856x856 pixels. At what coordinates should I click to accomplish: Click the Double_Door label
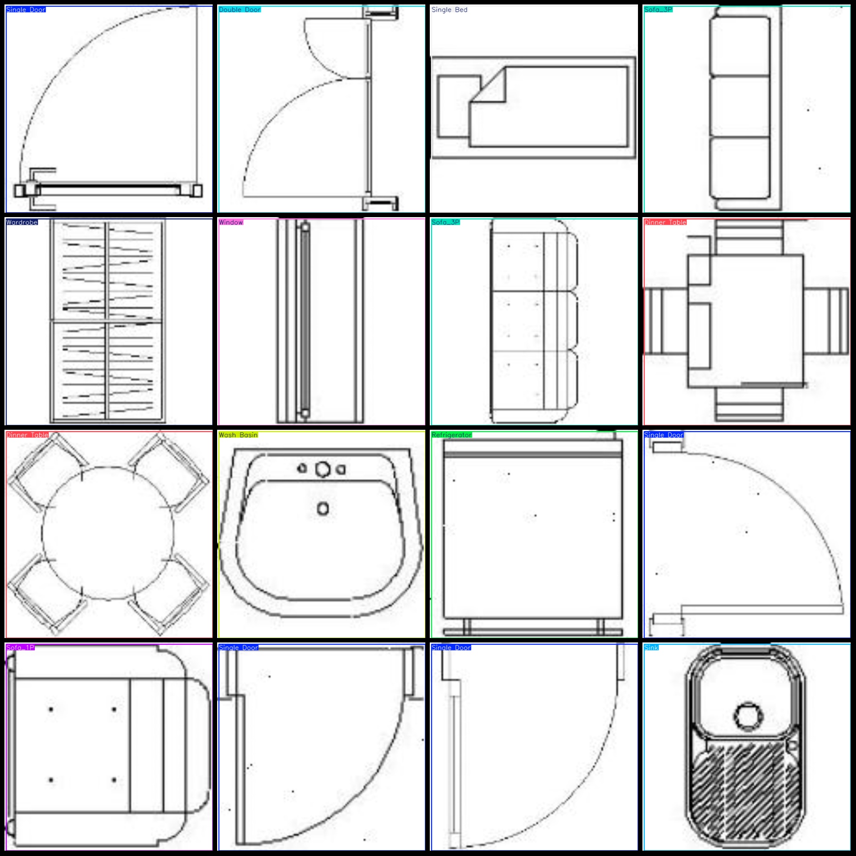point(240,10)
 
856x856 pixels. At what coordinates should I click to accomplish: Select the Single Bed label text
point(449,10)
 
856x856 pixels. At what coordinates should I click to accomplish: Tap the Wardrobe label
point(22,222)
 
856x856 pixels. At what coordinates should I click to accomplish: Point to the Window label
point(231,222)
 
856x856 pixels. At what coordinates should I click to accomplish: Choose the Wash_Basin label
point(238,435)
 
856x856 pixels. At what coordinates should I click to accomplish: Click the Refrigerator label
point(452,435)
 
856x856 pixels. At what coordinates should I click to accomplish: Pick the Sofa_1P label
point(21,648)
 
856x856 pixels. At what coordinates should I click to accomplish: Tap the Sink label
point(651,648)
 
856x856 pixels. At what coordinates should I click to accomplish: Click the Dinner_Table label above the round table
point(27,435)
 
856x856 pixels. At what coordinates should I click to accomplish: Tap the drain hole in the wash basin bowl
point(323,509)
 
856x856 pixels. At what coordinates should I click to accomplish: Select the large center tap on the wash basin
point(322,469)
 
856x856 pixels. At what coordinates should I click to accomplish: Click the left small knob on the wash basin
point(302,469)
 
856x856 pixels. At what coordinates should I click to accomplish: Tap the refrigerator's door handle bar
point(533,632)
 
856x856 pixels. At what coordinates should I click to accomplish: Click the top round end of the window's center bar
point(305,227)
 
